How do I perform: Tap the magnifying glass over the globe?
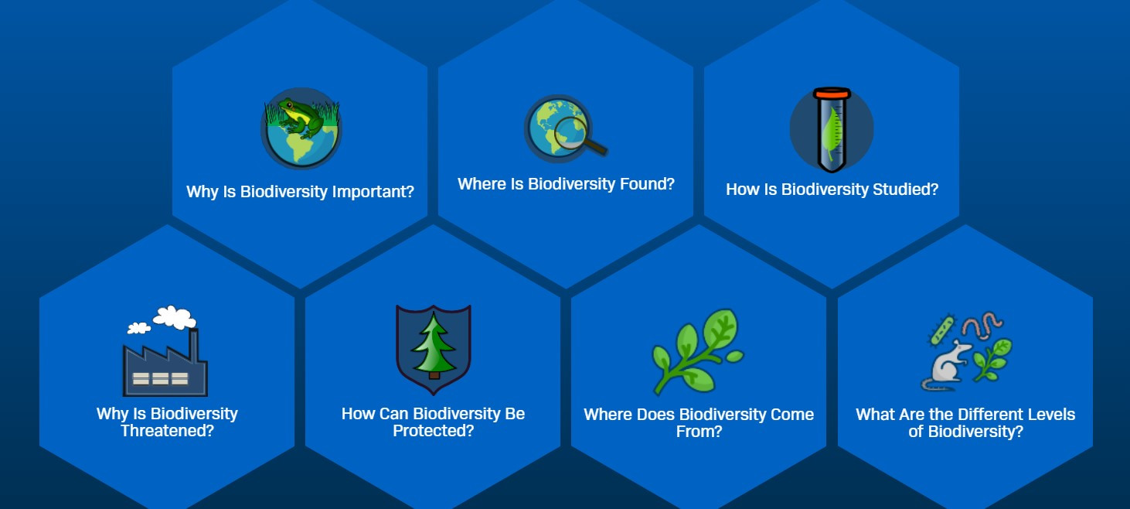[577, 135]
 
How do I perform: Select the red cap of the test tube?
[832, 93]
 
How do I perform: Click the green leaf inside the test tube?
[832, 133]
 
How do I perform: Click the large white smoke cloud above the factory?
[175, 317]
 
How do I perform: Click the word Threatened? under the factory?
[167, 431]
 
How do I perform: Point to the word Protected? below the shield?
[434, 431]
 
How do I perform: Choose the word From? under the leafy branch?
[699, 432]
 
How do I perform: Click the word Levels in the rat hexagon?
[1051, 415]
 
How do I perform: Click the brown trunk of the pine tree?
[434, 375]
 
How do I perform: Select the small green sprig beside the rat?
[992, 360]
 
